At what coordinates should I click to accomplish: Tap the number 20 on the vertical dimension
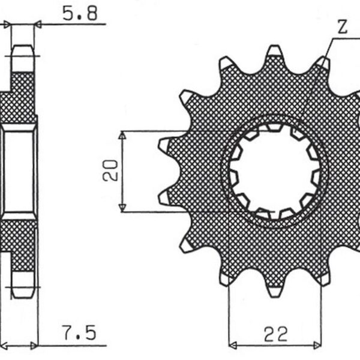point(110,170)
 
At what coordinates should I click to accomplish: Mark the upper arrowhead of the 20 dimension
point(122,135)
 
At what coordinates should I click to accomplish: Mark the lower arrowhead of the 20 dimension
point(122,207)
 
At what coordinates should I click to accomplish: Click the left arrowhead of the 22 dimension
point(233,345)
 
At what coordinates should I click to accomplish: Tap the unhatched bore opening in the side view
point(20,171)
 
